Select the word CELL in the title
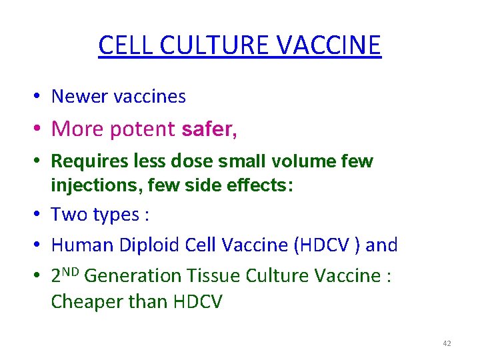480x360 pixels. tap(127, 45)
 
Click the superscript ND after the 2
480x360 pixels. tap(73, 271)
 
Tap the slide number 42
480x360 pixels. tap(447, 343)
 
